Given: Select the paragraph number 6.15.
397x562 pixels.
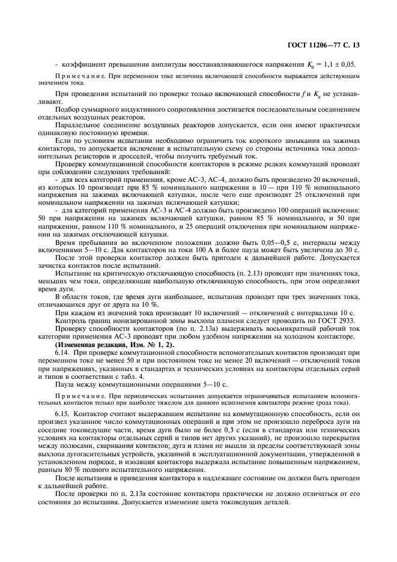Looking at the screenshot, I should (62, 413).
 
